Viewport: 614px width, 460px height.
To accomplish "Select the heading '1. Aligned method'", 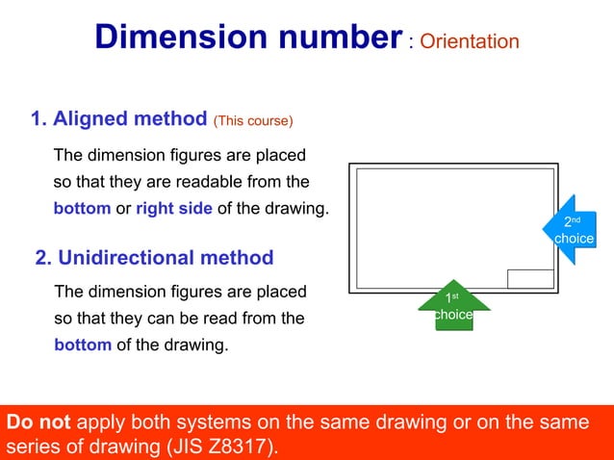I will tap(118, 119).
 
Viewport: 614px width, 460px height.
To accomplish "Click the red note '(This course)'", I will tap(253, 121).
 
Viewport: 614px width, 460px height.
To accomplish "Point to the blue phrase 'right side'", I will tap(174, 209).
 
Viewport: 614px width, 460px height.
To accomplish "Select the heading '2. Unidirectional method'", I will tap(154, 257).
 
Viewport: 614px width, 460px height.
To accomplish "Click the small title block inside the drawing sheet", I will tap(530, 279).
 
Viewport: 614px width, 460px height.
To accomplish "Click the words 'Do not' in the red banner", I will tap(38, 422).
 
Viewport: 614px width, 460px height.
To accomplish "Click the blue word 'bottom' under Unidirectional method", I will tap(83, 345).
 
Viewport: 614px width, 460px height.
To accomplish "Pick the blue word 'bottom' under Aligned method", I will tap(83, 209).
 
